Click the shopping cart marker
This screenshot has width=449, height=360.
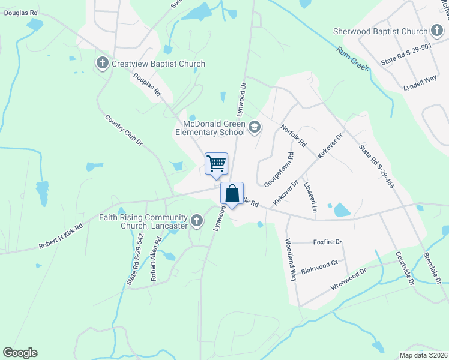216,164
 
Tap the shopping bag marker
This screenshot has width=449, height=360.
232,194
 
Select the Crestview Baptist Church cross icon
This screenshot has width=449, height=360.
103,64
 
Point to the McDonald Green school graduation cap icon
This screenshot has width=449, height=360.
255,126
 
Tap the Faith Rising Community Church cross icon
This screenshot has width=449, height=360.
196,221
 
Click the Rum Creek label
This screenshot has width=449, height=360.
352,59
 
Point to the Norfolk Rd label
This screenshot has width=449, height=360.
294,136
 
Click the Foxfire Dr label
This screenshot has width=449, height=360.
327,242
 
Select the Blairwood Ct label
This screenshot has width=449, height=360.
320,262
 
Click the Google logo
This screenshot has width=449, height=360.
20,353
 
